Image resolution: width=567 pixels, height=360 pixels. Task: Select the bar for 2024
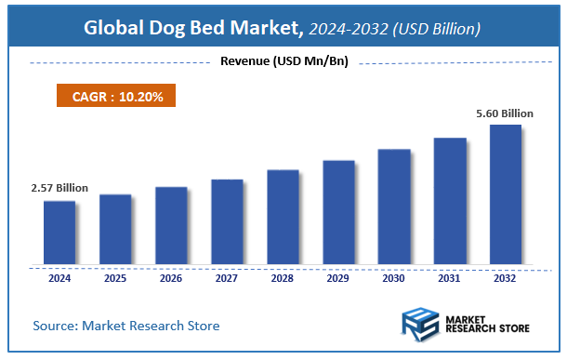click(x=59, y=233)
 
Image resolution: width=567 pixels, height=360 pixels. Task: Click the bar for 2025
click(x=115, y=230)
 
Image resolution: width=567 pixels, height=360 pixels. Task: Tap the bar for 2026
click(x=171, y=226)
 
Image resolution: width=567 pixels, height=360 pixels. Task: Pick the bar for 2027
click(x=227, y=221)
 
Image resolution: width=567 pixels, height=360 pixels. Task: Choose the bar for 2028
click(x=283, y=218)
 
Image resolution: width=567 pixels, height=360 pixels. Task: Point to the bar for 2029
click(x=338, y=213)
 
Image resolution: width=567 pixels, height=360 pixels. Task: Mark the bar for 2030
click(x=394, y=207)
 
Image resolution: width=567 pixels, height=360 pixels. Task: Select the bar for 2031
click(x=450, y=201)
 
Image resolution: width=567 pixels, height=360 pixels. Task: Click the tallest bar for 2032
click(x=506, y=194)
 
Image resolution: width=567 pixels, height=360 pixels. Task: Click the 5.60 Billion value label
click(x=505, y=113)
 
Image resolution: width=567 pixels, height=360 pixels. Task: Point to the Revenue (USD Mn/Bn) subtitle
click(x=283, y=62)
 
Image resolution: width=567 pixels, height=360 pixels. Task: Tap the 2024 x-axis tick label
click(x=59, y=277)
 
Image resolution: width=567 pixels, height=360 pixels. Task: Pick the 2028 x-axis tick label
click(x=283, y=277)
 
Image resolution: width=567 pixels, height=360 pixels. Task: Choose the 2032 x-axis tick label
click(x=506, y=277)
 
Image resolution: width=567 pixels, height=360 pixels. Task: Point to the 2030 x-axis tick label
click(x=394, y=277)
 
